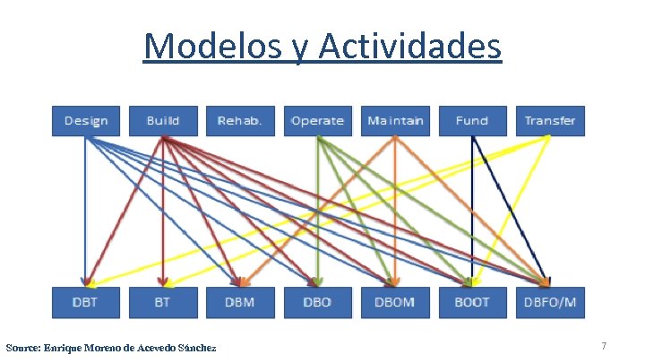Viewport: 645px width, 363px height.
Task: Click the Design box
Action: point(86,121)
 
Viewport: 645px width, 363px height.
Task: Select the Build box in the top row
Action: point(162,121)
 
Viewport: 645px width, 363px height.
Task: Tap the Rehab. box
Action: point(240,121)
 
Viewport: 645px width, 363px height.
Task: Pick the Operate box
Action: point(317,121)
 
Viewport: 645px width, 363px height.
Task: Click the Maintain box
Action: point(395,121)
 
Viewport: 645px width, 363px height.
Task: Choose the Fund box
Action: point(472,121)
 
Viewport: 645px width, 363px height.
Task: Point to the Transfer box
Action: point(549,121)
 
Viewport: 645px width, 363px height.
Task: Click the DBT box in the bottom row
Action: point(86,302)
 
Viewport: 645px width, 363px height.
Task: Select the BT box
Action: point(162,302)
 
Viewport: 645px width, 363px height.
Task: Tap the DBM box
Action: point(240,302)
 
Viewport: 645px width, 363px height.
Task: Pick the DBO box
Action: point(317,302)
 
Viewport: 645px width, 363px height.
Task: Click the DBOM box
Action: point(395,302)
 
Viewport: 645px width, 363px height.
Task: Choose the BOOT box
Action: point(472,302)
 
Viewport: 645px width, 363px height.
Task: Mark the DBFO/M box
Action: point(549,302)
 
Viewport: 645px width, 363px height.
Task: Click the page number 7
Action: point(604,346)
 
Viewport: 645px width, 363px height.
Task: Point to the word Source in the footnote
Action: point(22,347)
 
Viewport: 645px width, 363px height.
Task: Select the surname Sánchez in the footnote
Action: point(196,347)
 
